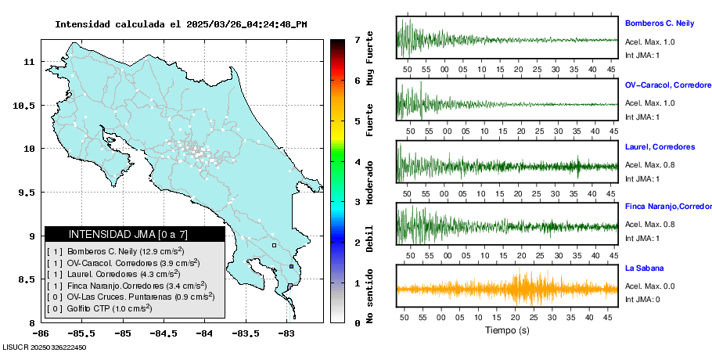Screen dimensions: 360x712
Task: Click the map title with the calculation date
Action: coord(181,24)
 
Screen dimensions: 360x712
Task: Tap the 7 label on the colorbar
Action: coord(357,39)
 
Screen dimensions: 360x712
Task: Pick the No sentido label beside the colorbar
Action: coord(369,294)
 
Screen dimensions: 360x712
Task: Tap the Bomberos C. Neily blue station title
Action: coord(660,23)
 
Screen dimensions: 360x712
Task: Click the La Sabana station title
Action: coord(643,268)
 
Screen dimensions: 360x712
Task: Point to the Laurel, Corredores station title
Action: coord(660,146)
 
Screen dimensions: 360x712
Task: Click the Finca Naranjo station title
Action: coord(667,207)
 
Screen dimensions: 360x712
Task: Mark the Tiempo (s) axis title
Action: coord(507,330)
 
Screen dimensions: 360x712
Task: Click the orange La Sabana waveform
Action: coord(507,289)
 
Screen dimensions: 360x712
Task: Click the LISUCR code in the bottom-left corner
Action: coord(44,347)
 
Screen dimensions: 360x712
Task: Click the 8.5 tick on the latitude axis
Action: coord(27,279)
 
